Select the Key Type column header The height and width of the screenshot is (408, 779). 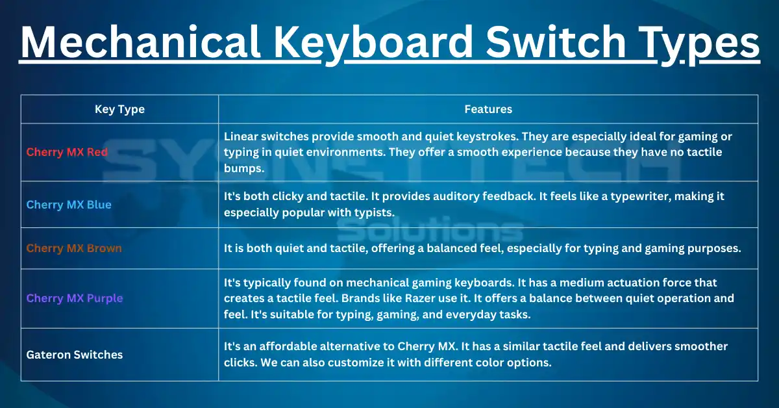coord(119,109)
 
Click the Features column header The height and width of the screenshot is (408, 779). coord(488,109)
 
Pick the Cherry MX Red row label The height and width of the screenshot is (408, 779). coord(67,152)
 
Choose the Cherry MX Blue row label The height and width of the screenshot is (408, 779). coord(69,205)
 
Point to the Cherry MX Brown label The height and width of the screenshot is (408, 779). coord(74,248)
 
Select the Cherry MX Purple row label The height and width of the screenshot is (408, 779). coord(75,298)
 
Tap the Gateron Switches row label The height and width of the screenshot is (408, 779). coord(75,355)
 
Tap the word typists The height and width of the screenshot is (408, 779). coord(381,212)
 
